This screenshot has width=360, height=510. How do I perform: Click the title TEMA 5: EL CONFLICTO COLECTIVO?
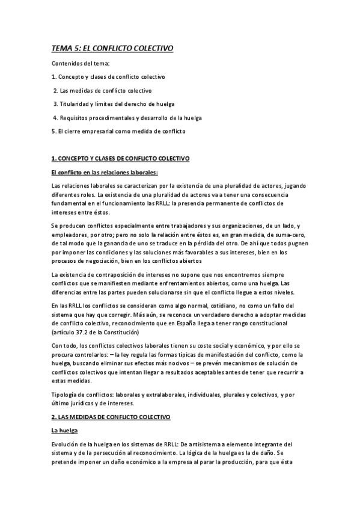point(112,50)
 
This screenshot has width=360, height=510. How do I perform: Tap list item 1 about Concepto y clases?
point(108,77)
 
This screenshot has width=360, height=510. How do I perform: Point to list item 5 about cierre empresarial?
point(119,131)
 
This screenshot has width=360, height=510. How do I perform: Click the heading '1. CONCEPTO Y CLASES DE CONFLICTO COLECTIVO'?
point(120,158)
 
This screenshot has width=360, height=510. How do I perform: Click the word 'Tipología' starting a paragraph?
point(65,394)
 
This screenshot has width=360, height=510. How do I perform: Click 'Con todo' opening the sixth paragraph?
point(64,345)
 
